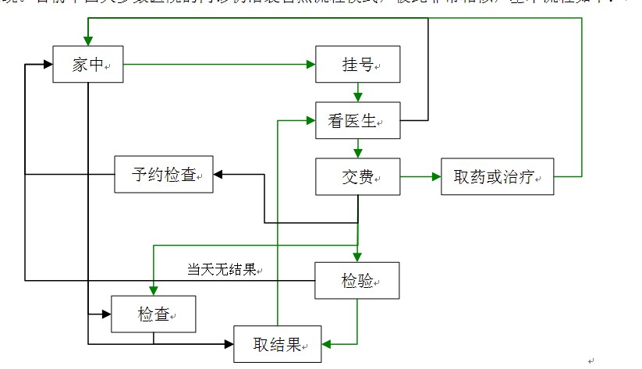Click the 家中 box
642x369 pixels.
[87, 65]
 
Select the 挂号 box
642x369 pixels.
[357, 65]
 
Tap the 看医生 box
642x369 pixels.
[357, 121]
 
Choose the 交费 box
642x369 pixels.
[357, 177]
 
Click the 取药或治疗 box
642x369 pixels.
[497, 177]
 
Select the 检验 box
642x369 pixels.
[357, 280]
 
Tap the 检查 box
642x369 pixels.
[153, 314]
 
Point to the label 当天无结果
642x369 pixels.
[222, 271]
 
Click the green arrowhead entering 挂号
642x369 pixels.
[310, 65]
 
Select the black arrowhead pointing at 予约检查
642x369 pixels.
[218, 175]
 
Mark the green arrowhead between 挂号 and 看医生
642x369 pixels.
[357, 97]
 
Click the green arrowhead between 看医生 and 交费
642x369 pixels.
[357, 153]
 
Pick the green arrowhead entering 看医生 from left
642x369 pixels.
[310, 121]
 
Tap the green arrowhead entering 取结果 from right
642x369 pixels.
[327, 343]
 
